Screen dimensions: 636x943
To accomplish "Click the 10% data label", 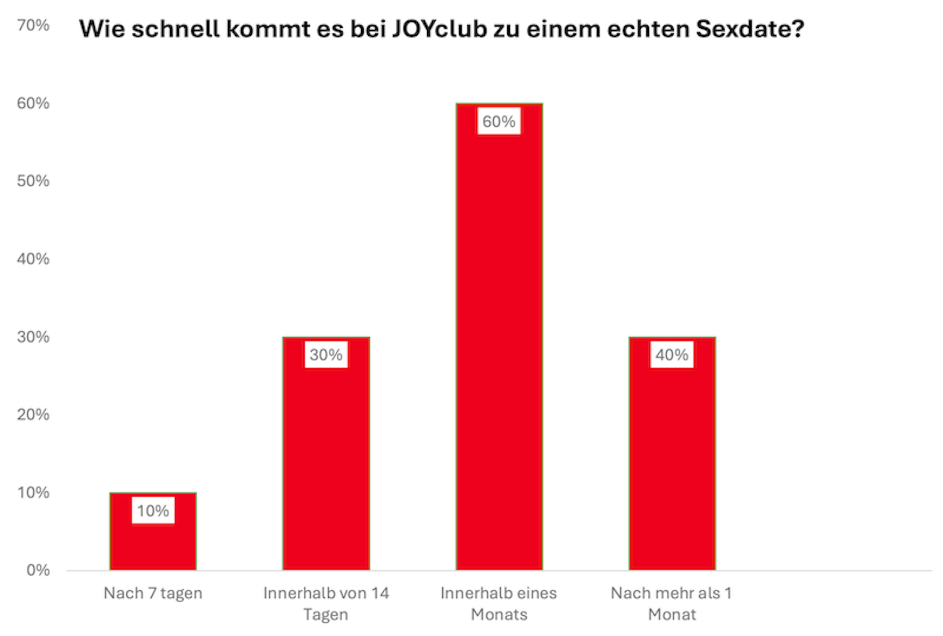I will click(153, 510).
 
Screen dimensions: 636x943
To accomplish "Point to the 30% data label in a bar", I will click(326, 354).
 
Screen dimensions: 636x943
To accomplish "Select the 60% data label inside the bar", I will click(499, 122).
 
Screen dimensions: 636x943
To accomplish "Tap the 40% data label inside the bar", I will click(672, 354).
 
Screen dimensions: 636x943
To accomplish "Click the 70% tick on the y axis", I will click(33, 25).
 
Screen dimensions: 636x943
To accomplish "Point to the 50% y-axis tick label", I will click(33, 181).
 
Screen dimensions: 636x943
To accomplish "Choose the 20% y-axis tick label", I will click(33, 415).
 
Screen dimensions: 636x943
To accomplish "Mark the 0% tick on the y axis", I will click(38, 570).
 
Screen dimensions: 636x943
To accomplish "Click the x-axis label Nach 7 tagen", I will click(153, 593).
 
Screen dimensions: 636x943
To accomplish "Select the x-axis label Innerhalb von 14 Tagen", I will click(326, 603).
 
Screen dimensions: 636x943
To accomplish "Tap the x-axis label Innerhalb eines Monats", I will click(499, 603).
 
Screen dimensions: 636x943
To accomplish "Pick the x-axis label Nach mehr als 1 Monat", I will click(672, 603).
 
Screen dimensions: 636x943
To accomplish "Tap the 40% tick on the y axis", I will click(33, 259).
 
